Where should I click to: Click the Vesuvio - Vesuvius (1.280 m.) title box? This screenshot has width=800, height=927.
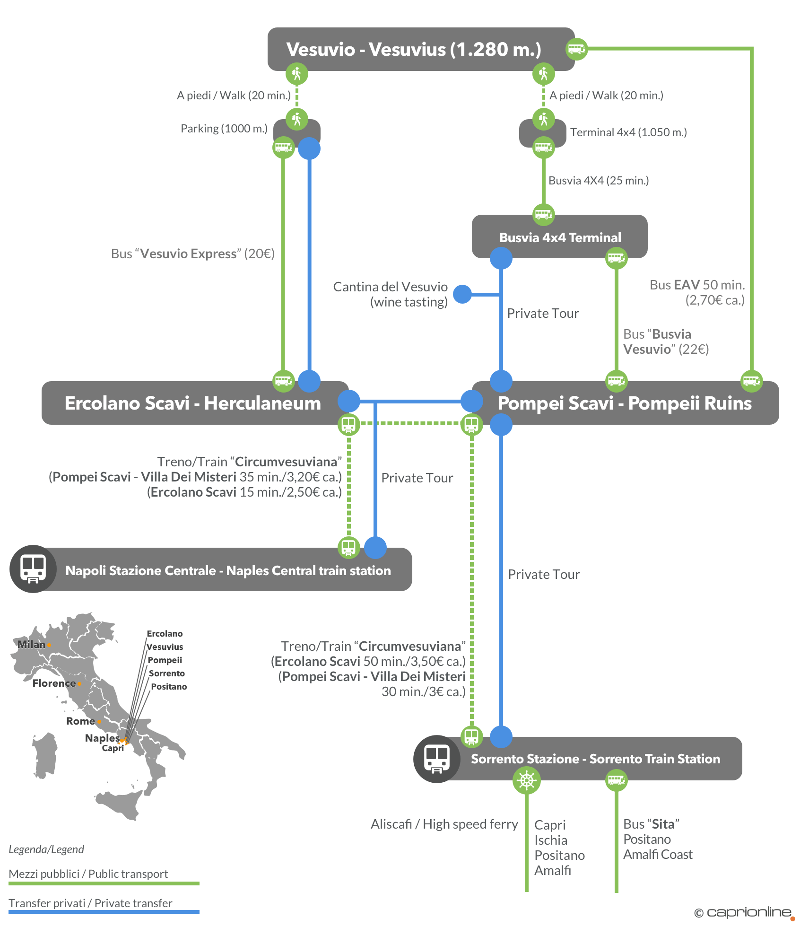(414, 49)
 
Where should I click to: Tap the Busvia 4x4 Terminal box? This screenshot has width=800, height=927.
(560, 237)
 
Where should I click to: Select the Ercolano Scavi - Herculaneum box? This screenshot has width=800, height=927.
(192, 403)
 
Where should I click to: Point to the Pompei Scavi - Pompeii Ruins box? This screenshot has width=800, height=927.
(624, 403)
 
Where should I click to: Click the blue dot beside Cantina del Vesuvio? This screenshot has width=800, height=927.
(462, 294)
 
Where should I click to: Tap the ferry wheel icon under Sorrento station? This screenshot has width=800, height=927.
(526, 780)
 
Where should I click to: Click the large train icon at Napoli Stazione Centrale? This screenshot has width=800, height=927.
(33, 568)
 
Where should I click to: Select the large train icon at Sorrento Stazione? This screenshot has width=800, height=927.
(437, 759)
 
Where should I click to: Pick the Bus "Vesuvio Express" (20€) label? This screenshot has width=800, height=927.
(192, 254)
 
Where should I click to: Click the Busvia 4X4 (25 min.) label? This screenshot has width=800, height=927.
(599, 181)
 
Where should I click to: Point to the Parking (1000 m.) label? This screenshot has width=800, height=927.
(224, 129)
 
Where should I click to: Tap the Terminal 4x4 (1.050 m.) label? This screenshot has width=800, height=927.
(628, 132)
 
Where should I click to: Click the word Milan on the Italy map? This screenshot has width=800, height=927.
(31, 644)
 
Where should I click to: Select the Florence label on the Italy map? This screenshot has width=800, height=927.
(54, 683)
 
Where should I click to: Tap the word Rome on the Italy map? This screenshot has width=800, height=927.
(80, 721)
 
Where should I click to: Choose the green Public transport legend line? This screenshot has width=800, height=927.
(104, 883)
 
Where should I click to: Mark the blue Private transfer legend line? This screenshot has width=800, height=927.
(104, 911)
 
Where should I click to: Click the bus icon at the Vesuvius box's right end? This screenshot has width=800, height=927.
(576, 49)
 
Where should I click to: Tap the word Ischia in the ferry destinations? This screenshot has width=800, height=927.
(551, 840)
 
